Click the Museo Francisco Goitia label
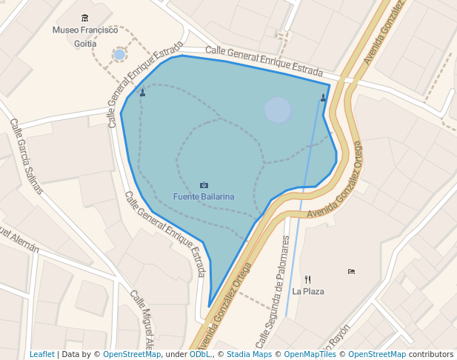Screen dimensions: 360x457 pos(85,36)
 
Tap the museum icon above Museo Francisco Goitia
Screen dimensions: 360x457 pos(85,18)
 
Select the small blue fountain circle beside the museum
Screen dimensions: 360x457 pos(119,54)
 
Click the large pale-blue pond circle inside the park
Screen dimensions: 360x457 pos(278,110)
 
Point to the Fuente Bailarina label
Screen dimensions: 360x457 pos(204,196)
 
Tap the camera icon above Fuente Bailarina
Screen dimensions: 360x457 pos(204,184)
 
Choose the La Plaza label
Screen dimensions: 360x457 pos(308,291)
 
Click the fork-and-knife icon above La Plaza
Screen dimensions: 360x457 pos(308,279)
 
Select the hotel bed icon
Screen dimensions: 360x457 pos(351,271)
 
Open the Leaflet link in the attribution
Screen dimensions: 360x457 pos(42,354)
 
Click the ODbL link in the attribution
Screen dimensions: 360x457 pos(200,354)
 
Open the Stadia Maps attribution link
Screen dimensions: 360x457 pos(249,354)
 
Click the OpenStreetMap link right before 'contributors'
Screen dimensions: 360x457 pos(377,354)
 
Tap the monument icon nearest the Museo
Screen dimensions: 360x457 pos(142,93)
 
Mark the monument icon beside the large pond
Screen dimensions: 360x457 pos(323,97)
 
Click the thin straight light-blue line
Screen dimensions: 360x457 pos(304,193)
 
